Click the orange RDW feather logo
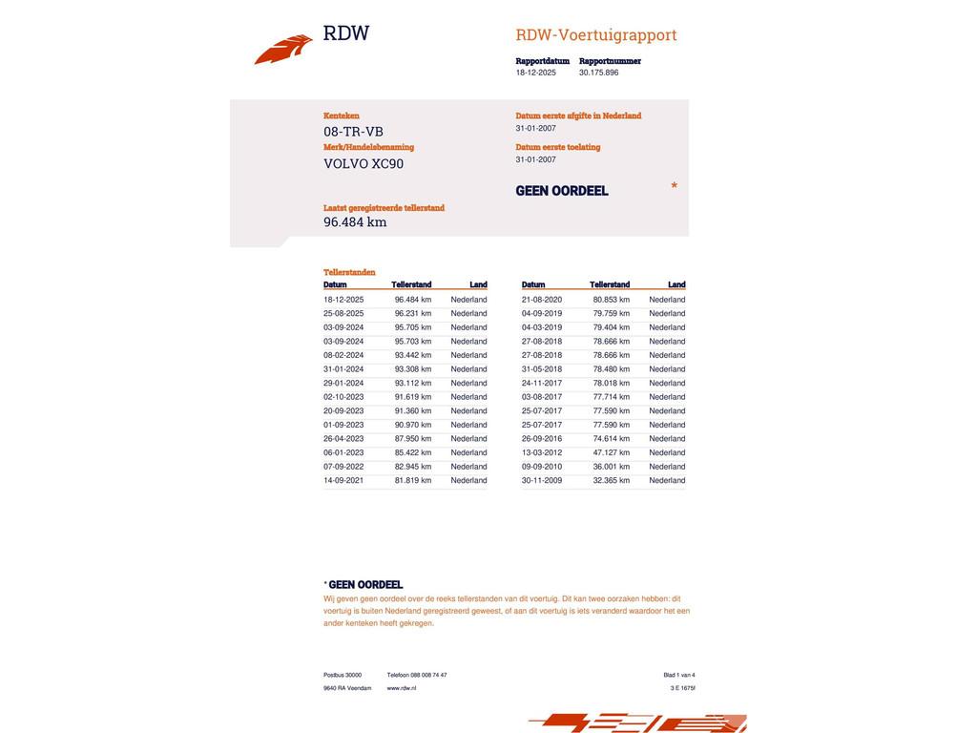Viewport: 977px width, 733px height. pyautogui.click(x=283, y=50)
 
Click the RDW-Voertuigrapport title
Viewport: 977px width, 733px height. pyautogui.click(x=596, y=35)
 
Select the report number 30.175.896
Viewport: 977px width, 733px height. pyautogui.click(x=598, y=73)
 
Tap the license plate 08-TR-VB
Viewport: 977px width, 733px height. pyautogui.click(x=353, y=132)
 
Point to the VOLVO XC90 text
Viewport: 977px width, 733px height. pyautogui.click(x=364, y=163)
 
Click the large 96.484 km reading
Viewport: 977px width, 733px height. pyautogui.click(x=355, y=222)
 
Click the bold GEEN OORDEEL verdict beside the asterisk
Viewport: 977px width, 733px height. pyautogui.click(x=562, y=191)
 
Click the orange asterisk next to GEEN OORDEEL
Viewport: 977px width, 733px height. pyautogui.click(x=675, y=186)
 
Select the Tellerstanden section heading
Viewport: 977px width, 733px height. pyautogui.click(x=349, y=272)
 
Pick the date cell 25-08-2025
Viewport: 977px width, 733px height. pyautogui.click(x=343, y=313)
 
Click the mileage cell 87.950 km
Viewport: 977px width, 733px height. pyautogui.click(x=413, y=439)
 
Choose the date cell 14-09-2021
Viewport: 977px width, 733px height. pyautogui.click(x=343, y=481)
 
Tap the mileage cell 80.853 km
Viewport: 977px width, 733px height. pyautogui.click(x=612, y=300)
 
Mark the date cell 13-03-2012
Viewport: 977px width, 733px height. pyautogui.click(x=542, y=453)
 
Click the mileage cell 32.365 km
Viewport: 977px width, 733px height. pyautogui.click(x=612, y=481)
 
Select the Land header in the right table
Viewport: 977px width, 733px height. pyautogui.click(x=676, y=284)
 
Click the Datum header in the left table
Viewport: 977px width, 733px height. pyautogui.click(x=335, y=284)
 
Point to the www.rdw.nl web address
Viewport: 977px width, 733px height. pyautogui.click(x=402, y=688)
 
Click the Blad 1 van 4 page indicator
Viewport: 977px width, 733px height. pyautogui.click(x=679, y=675)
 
